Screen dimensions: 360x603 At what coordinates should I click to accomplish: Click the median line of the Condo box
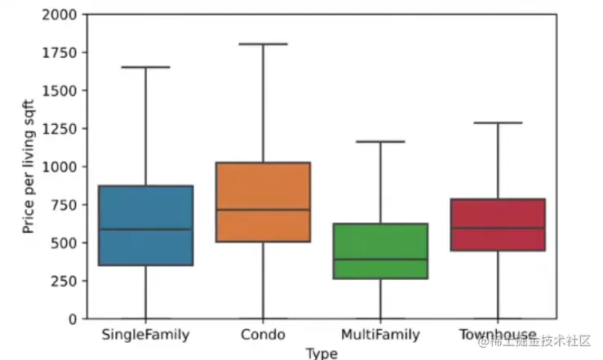point(263,210)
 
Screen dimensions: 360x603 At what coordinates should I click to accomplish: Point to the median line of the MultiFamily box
point(380,260)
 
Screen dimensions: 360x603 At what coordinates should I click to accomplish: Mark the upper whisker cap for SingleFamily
point(146,67)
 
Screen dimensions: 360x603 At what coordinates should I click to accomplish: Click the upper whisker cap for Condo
point(263,44)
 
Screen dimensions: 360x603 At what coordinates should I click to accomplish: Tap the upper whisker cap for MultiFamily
point(380,141)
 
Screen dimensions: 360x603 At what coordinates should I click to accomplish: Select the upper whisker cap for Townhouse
point(498,123)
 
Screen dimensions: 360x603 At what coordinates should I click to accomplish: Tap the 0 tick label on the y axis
point(74,318)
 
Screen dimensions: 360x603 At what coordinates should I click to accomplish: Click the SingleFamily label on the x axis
point(146,335)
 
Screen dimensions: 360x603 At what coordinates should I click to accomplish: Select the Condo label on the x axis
point(263,335)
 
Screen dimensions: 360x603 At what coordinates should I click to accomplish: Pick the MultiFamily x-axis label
point(380,335)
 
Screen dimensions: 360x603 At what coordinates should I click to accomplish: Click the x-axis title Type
point(321,353)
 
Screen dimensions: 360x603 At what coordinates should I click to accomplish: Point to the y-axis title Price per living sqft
point(29,166)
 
